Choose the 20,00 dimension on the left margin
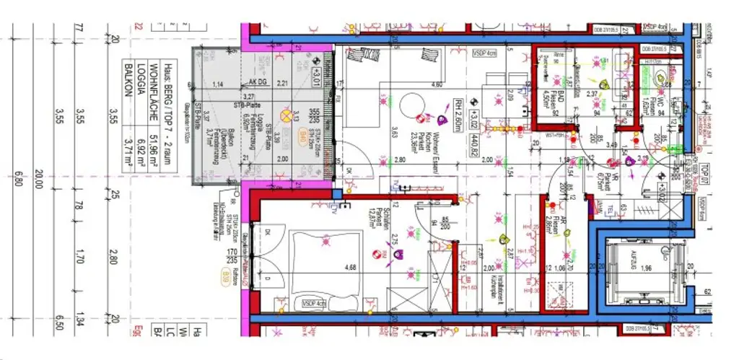point(39,176)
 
